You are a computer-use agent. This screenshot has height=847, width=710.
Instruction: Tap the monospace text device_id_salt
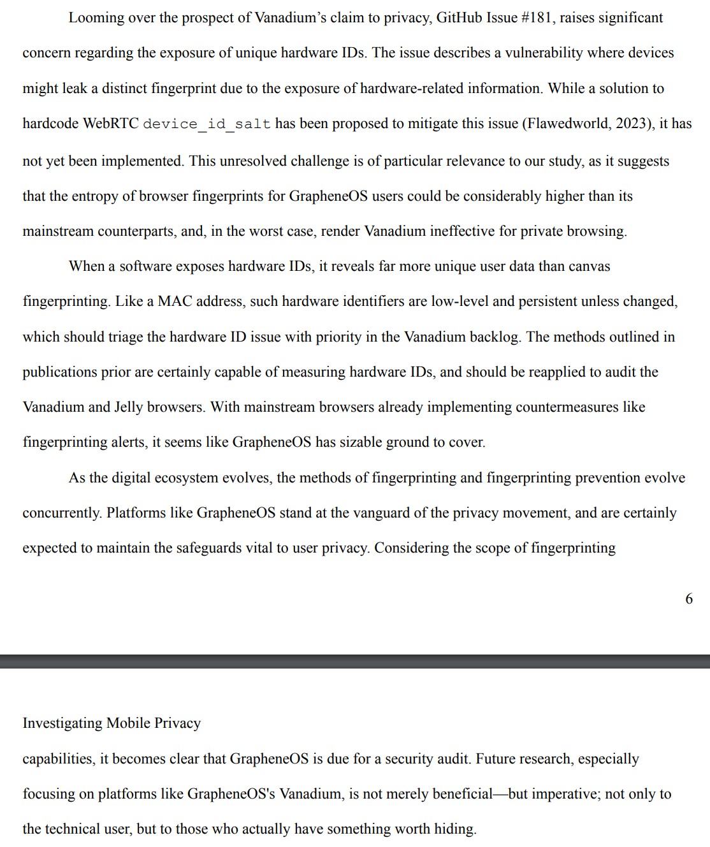[x=206, y=124]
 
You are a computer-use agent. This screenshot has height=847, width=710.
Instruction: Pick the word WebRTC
[x=111, y=123]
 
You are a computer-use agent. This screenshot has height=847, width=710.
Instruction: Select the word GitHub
[x=459, y=18]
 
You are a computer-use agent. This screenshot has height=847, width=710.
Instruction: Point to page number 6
[x=688, y=598]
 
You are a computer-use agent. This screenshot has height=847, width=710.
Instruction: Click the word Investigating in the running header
[x=62, y=723]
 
